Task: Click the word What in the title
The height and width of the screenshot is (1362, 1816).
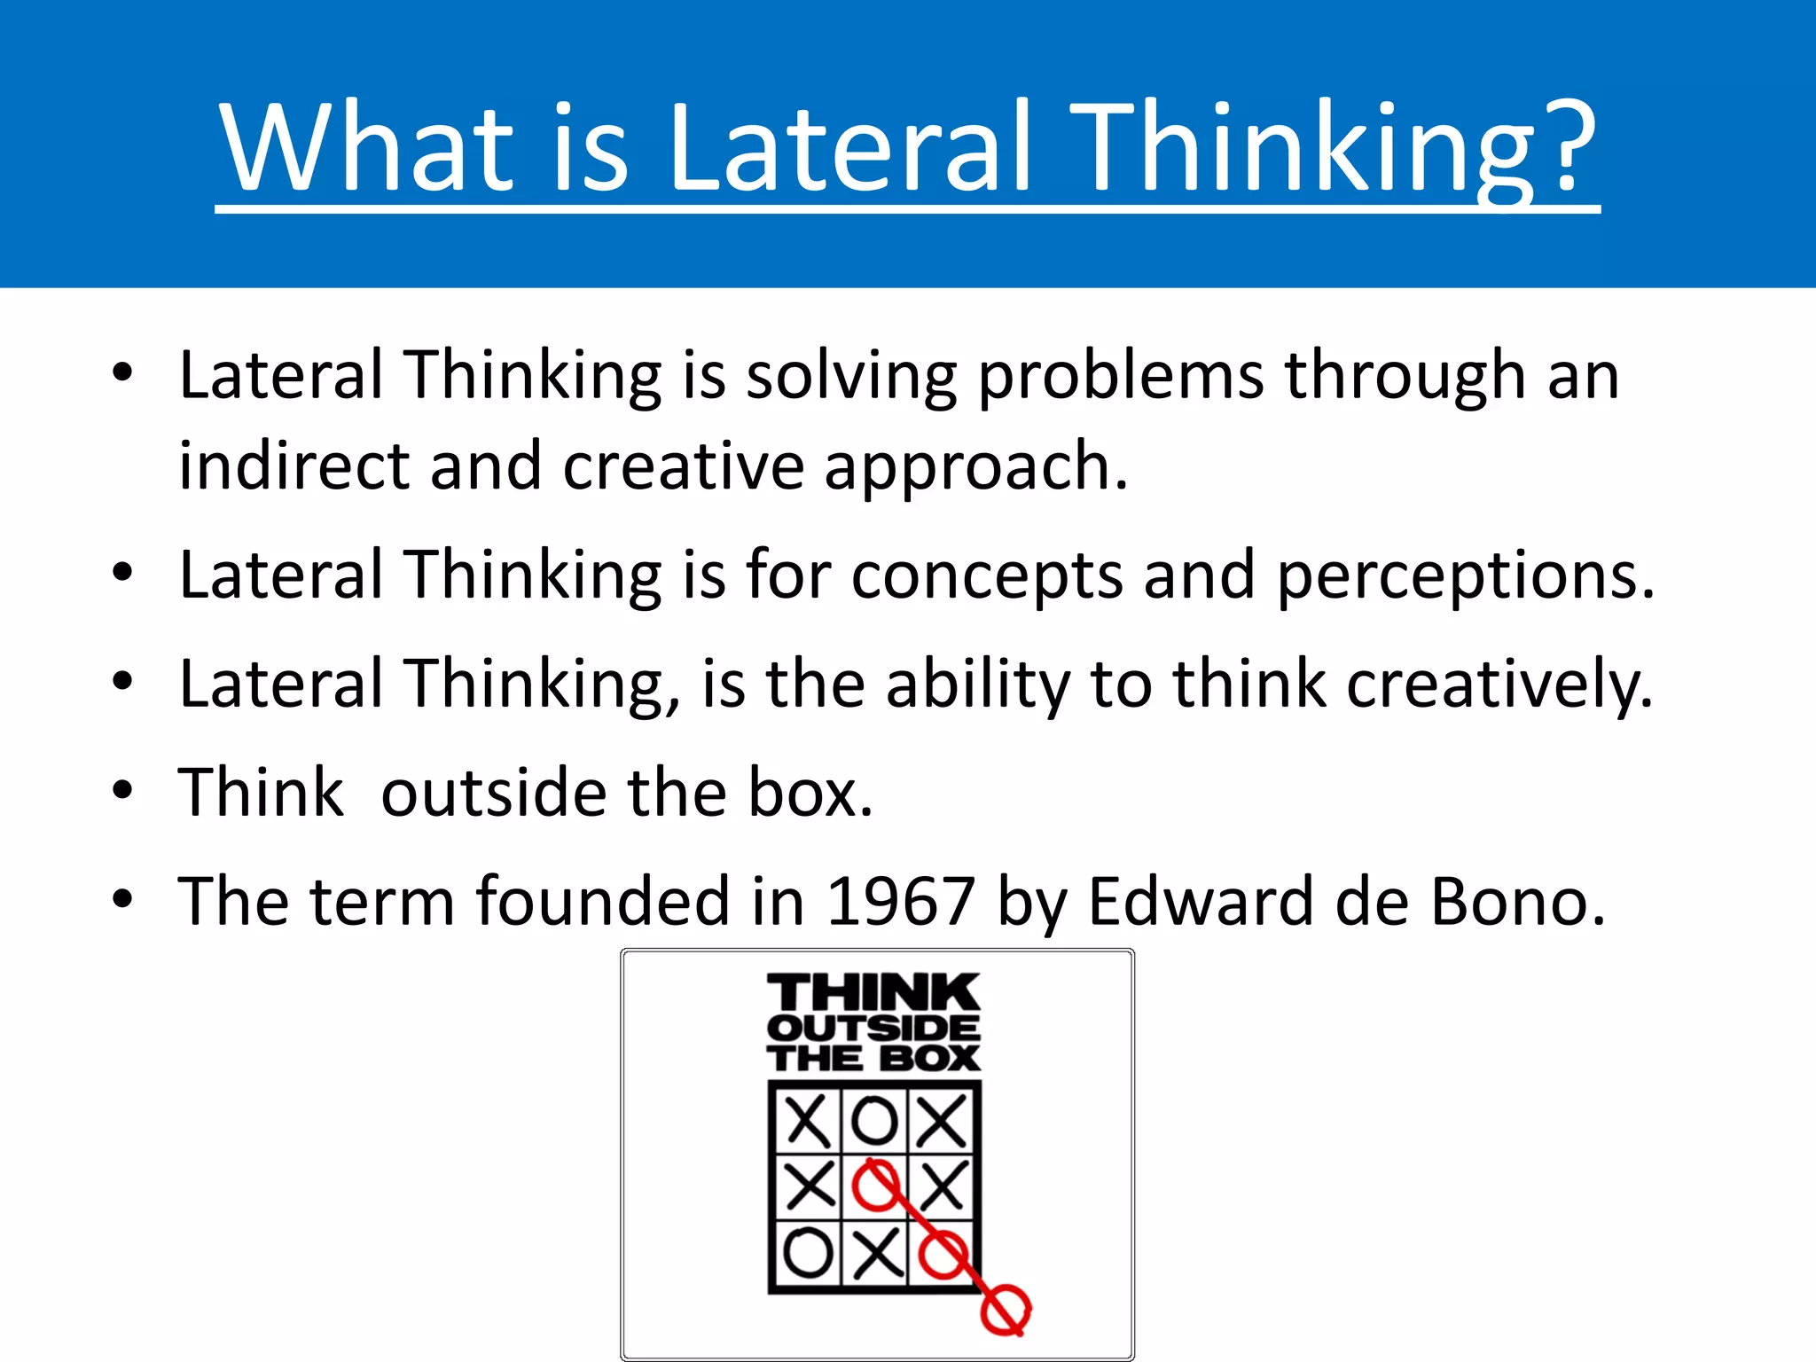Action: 367,146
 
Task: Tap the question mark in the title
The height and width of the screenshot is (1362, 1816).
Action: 1564,146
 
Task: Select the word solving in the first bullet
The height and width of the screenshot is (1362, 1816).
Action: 850,376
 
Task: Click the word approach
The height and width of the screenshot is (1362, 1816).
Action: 975,468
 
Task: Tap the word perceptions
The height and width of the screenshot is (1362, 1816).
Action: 1465,577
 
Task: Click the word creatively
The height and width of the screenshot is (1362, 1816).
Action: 1499,685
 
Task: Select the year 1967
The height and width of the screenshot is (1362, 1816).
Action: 900,902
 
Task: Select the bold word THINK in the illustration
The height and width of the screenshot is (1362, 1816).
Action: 873,992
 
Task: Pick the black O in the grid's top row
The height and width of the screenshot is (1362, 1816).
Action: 874,1121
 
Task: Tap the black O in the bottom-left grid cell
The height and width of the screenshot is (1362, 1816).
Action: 807,1252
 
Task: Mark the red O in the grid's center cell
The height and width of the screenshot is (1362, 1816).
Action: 875,1186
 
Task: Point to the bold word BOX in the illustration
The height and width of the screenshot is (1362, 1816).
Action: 929,1059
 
